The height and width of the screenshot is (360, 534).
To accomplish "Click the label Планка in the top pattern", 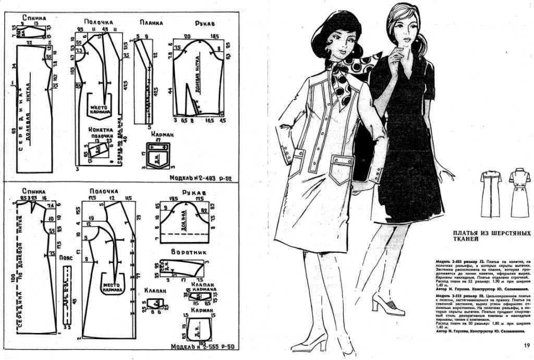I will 152,22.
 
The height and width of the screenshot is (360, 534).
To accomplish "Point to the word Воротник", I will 189,252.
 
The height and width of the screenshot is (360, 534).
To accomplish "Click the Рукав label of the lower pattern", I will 192,193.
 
